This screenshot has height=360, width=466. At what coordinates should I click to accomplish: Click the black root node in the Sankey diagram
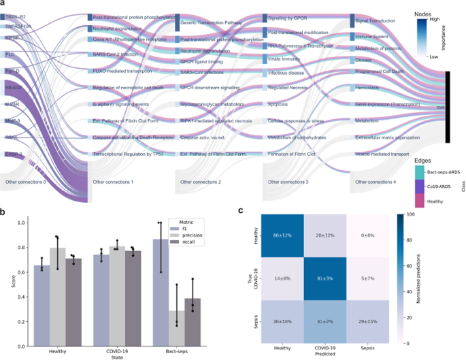(x=449, y=107)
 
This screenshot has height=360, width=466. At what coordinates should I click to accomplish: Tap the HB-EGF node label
(x=14, y=88)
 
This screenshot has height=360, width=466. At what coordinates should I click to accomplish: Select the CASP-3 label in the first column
(x=12, y=154)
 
